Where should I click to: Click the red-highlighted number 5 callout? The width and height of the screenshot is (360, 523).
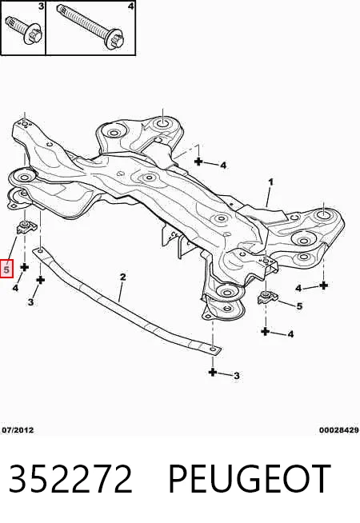(x=6, y=269)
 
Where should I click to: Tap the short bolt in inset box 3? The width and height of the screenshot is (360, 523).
(x=24, y=30)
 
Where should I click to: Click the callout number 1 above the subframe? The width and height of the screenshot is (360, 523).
(x=270, y=182)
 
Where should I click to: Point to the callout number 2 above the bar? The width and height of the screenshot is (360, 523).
(x=122, y=277)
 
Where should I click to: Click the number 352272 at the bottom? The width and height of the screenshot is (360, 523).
(x=70, y=479)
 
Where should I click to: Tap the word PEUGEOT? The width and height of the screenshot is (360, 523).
(x=250, y=479)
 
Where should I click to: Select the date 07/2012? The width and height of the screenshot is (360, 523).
(x=18, y=430)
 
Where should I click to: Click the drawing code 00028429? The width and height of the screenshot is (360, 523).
(x=338, y=430)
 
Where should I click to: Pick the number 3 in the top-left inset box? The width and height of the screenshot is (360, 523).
(x=41, y=6)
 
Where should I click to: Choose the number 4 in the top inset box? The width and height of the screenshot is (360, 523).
(x=131, y=6)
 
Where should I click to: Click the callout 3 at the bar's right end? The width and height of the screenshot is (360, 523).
(x=236, y=376)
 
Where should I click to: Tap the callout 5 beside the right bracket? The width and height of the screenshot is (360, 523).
(x=299, y=305)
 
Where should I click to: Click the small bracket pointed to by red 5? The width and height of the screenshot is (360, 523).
(x=26, y=227)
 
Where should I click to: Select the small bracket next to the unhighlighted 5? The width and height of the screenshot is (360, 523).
(x=267, y=297)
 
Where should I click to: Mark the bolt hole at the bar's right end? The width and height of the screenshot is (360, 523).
(x=213, y=349)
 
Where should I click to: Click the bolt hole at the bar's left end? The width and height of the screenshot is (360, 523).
(x=40, y=250)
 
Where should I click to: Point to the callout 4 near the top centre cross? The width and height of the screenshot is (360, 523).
(x=223, y=165)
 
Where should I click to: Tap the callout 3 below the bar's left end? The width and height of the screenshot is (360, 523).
(x=30, y=301)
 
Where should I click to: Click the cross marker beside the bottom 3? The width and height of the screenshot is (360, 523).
(x=213, y=372)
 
